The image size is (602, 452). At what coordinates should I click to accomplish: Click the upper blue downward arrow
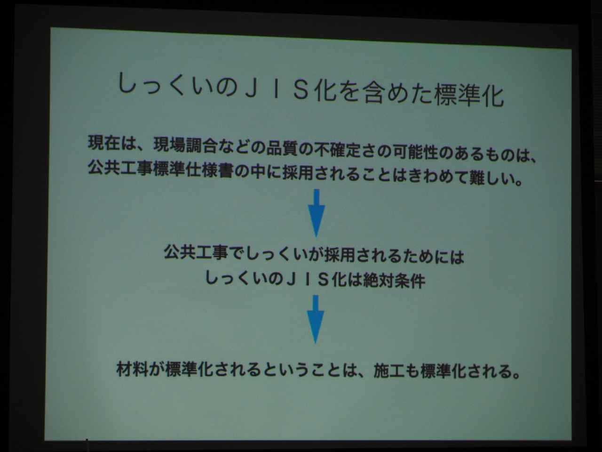click(x=317, y=213)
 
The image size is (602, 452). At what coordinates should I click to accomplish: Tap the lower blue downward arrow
click(x=316, y=319)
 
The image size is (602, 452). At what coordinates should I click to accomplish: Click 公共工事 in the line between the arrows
click(x=196, y=251)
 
